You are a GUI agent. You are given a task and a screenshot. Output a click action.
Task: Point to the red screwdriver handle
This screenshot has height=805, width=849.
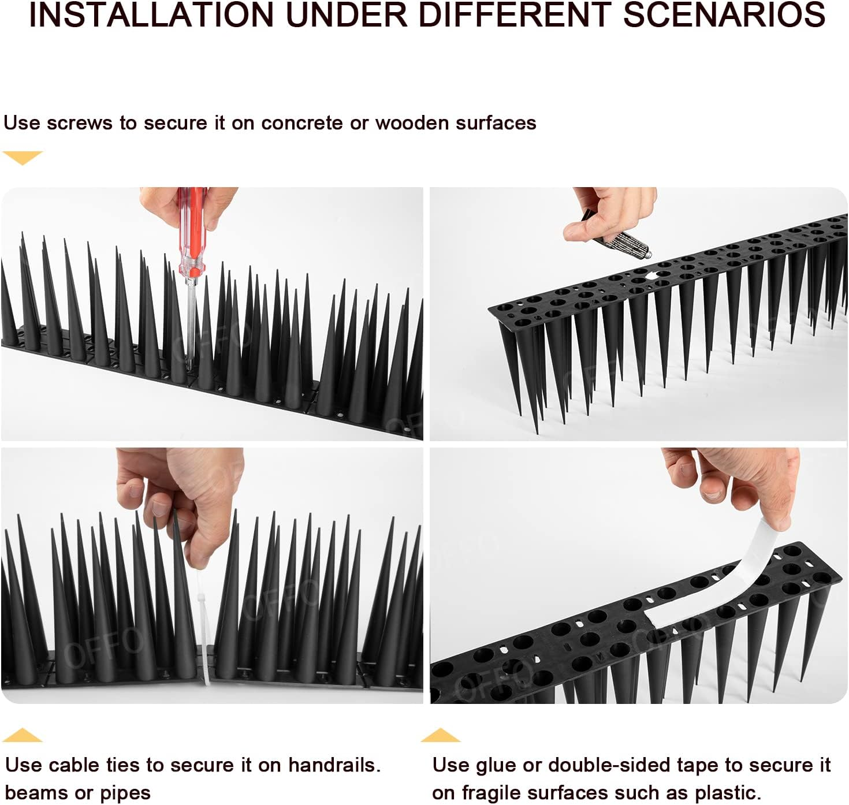coord(193,231)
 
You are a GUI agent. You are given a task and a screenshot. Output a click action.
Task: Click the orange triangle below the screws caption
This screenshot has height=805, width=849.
coord(23,157)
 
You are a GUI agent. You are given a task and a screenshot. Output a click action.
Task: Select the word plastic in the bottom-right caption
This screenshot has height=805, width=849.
coord(727,792)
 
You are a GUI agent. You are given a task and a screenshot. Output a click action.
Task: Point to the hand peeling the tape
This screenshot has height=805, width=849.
coord(739,479)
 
